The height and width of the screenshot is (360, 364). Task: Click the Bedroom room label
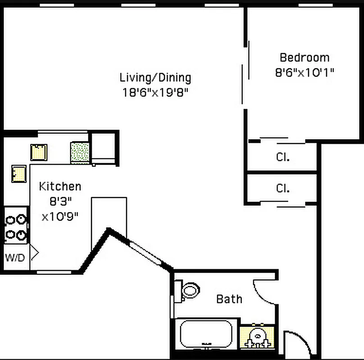click(304, 58)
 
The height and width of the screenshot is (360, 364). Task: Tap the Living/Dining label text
click(155, 77)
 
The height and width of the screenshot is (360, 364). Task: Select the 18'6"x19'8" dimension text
click(155, 93)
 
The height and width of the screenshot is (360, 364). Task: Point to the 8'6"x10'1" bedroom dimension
click(304, 72)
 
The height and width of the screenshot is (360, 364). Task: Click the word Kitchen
click(60, 186)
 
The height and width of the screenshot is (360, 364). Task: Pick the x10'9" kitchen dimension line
click(60, 216)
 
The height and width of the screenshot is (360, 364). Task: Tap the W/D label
click(15, 258)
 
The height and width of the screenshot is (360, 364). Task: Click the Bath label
click(229, 299)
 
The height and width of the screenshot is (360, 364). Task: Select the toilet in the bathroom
click(188, 290)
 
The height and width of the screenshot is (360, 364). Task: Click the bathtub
click(206, 333)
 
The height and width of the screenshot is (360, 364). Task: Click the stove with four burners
click(15, 227)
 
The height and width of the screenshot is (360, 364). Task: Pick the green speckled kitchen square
click(80, 152)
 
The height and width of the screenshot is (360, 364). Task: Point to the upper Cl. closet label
click(282, 157)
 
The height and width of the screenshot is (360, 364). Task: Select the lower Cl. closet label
click(282, 188)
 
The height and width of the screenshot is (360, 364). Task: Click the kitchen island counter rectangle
click(109, 220)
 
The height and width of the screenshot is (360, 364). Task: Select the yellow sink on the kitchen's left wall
click(18, 173)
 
